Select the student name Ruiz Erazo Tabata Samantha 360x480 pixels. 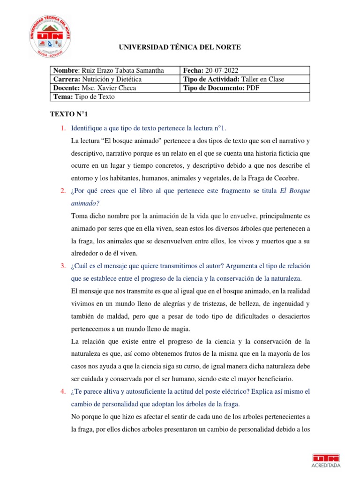123,70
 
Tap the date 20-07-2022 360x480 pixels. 220,70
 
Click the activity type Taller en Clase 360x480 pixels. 263,79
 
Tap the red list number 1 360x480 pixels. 62,128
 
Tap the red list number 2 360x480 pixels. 62,191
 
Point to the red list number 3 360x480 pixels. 62,266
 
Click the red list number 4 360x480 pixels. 62,391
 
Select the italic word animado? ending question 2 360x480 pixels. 86,203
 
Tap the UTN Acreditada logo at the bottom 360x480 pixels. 326,460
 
